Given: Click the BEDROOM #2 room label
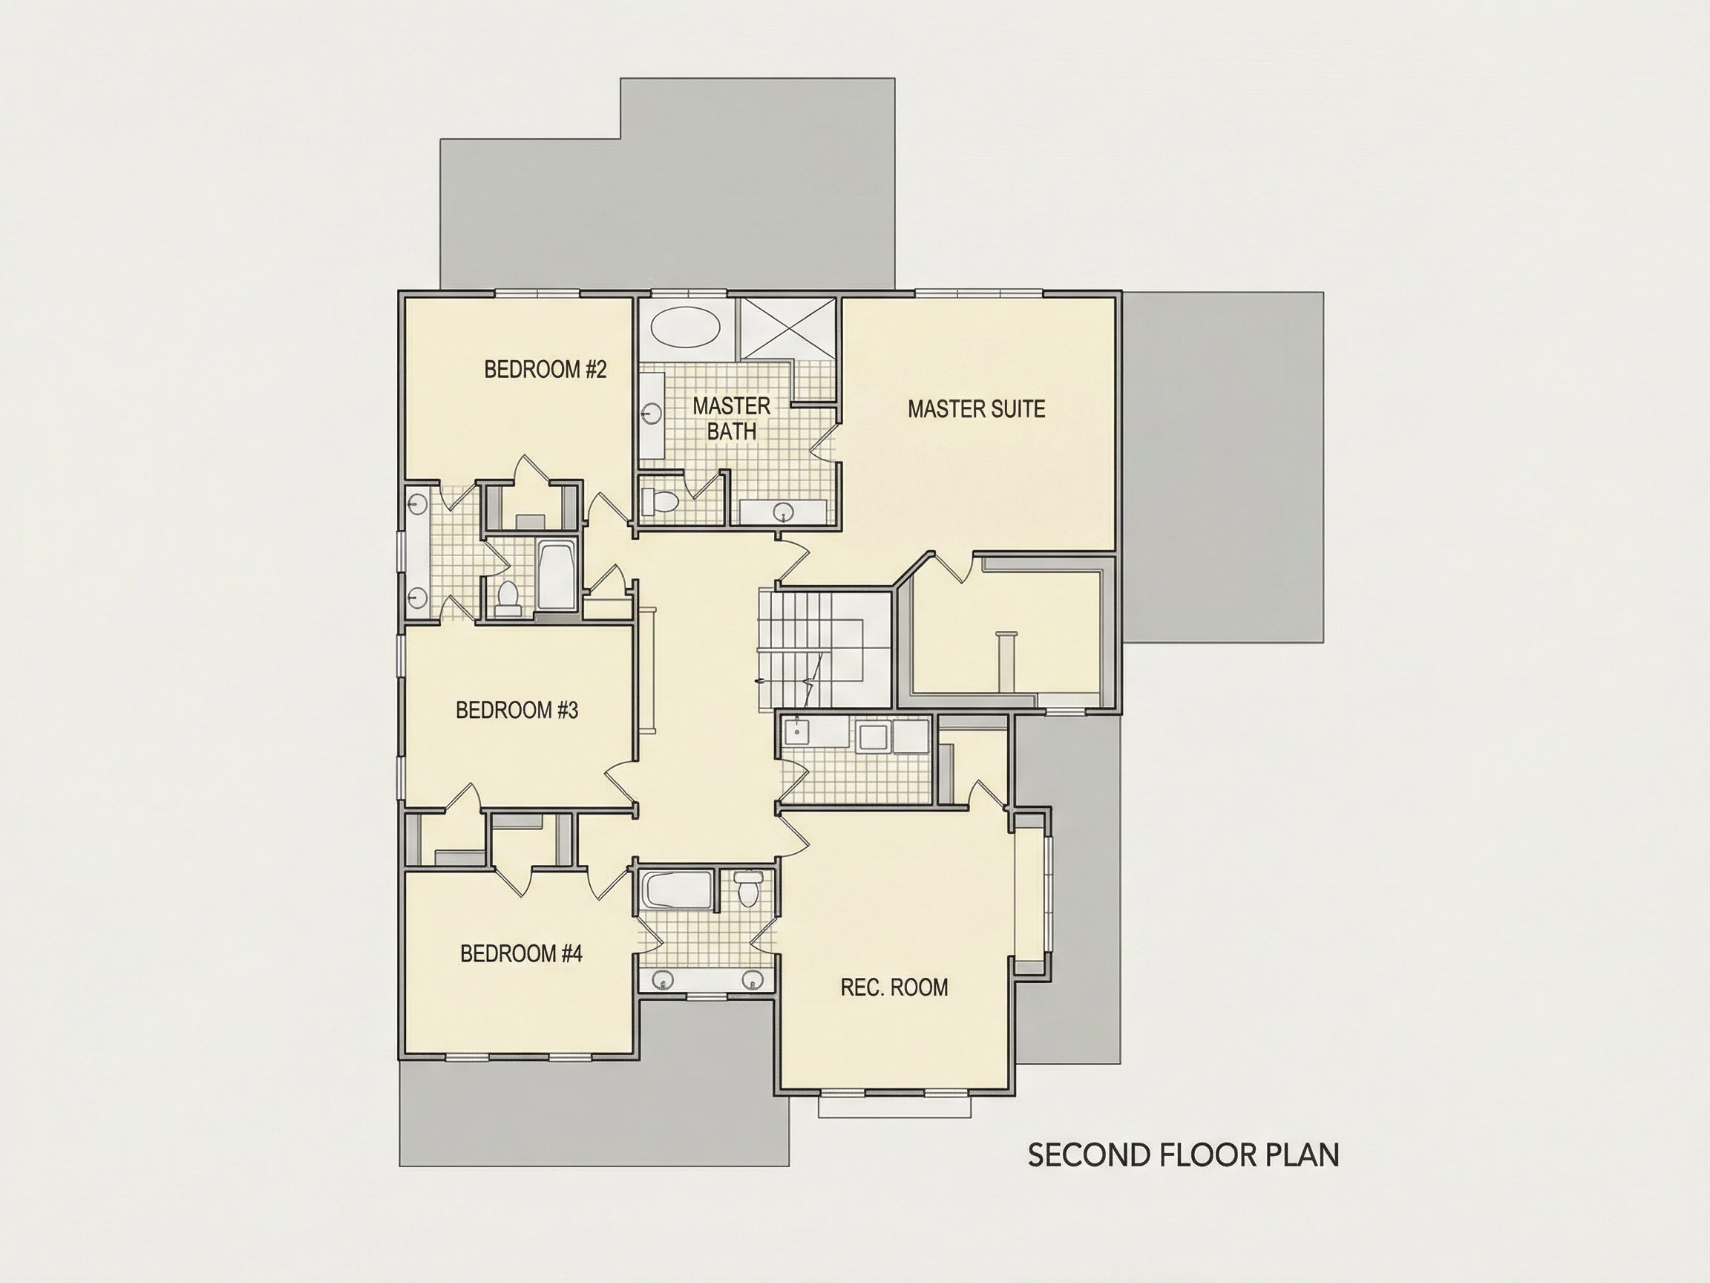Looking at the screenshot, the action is (545, 370).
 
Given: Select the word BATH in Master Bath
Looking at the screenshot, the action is (731, 431).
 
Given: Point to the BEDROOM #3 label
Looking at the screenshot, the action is (517, 710).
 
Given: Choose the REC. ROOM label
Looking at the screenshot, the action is (894, 987).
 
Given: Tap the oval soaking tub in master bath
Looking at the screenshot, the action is (686, 328).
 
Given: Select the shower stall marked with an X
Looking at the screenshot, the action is (787, 329).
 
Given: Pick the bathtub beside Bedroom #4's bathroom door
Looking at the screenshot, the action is (677, 891).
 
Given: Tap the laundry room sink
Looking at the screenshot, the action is (796, 729).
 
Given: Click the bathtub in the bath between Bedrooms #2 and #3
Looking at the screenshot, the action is (555, 576).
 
